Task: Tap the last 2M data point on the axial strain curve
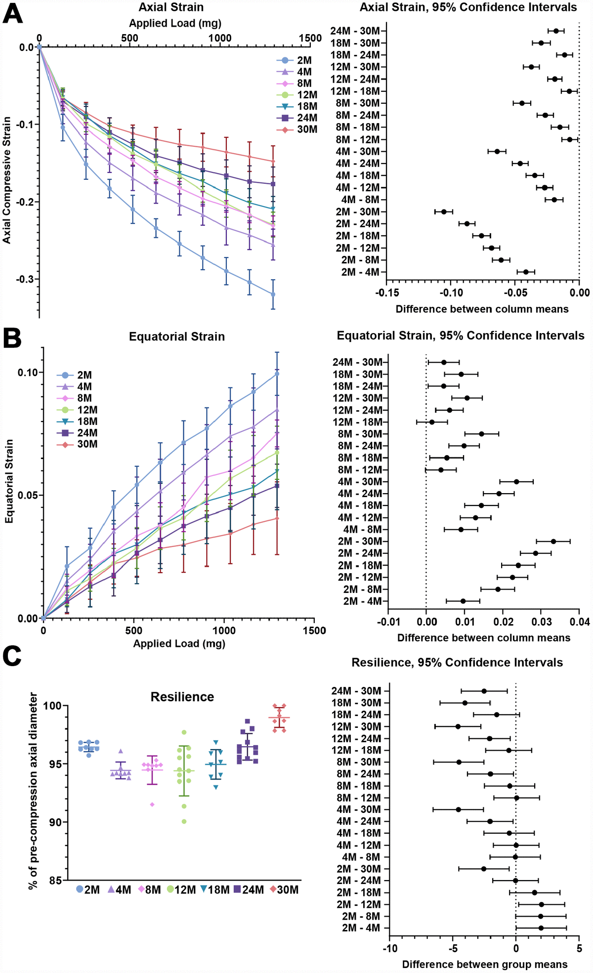273,295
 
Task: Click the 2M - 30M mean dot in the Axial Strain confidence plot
444,212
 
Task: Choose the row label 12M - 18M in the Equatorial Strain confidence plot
358,422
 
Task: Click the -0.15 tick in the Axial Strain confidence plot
386,293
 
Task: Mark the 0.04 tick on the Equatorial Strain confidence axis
579,621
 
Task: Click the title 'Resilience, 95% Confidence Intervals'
457,662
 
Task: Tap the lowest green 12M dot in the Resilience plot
184,821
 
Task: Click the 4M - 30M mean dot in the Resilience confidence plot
458,809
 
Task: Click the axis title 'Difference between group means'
484,964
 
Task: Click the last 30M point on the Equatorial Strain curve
277,518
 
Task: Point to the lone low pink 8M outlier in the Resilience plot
152,804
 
